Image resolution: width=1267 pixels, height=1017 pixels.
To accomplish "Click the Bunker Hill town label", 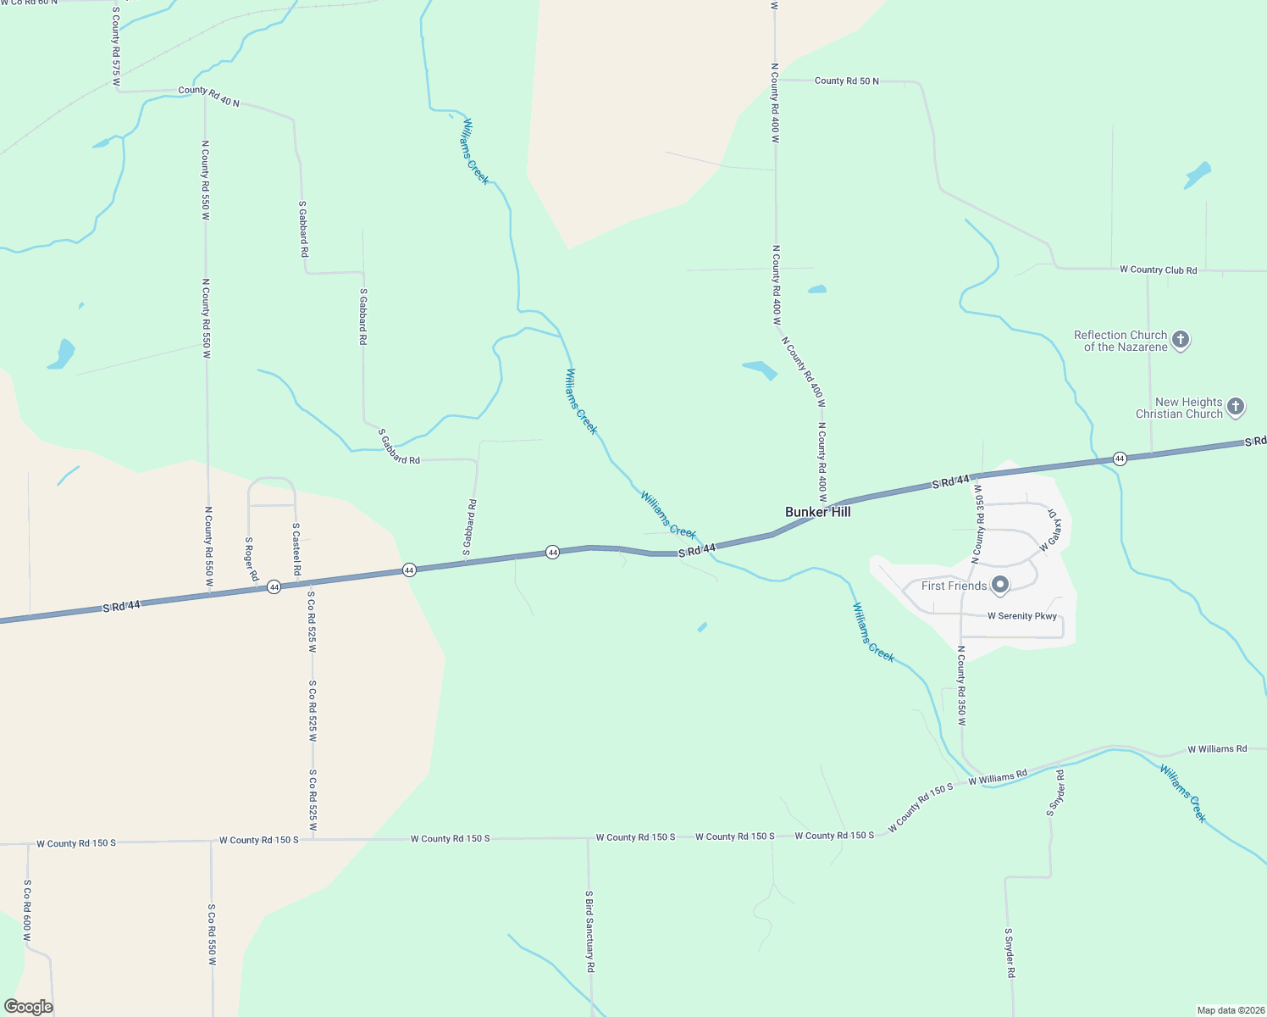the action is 817,512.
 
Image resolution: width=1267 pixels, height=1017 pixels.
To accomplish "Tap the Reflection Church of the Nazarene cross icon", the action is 1181,341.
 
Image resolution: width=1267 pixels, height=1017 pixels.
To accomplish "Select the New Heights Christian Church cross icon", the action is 1236,407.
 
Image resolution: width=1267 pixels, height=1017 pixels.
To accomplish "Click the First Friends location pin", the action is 1000,585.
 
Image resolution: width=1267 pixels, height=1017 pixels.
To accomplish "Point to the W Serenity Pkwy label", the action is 1021,616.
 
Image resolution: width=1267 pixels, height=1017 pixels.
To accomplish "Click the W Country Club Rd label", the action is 1158,270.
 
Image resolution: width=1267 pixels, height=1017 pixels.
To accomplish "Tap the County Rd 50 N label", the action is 846,81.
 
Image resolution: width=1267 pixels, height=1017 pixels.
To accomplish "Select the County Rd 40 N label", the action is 208,97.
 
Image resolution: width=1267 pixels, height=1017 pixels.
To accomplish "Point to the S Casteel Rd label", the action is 296,549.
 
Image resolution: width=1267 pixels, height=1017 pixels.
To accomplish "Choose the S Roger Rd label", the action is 252,559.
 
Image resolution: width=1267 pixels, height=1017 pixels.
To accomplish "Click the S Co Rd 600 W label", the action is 27,910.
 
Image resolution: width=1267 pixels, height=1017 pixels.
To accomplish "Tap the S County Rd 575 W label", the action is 116,47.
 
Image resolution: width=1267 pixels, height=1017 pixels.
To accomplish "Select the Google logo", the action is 29,1007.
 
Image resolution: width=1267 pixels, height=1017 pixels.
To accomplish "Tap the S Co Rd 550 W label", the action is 212,934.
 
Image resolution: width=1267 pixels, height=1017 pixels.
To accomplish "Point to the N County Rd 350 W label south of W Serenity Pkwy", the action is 961,686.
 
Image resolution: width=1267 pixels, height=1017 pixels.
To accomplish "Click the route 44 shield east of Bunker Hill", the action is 1120,458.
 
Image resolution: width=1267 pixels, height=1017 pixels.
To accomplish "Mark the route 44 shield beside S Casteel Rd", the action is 274,586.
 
